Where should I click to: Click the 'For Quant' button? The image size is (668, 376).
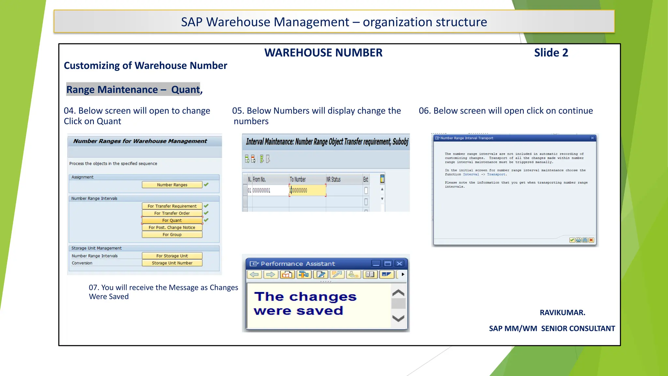(x=172, y=220)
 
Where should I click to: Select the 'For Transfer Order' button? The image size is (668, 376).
(x=172, y=213)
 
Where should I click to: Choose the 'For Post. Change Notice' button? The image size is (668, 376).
(x=172, y=227)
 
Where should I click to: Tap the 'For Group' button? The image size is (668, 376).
(x=172, y=235)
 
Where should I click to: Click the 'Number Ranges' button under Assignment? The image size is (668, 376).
(x=172, y=185)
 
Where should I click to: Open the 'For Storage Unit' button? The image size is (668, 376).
(x=172, y=256)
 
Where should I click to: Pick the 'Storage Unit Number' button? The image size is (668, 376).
(x=172, y=263)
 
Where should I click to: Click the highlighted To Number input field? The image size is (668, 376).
(x=307, y=190)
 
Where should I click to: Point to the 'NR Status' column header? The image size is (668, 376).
(x=333, y=180)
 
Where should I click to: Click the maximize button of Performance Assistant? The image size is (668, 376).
(x=388, y=264)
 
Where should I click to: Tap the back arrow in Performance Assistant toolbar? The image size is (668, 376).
(x=254, y=274)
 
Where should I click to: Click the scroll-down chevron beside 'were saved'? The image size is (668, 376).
(x=398, y=318)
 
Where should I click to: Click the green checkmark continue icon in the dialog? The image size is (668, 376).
(x=572, y=240)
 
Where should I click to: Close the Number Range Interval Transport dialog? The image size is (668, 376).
(x=592, y=138)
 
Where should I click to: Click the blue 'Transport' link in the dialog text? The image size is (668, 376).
(x=496, y=175)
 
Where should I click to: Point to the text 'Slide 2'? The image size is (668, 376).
(x=551, y=53)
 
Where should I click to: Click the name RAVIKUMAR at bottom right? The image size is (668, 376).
(x=562, y=313)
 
